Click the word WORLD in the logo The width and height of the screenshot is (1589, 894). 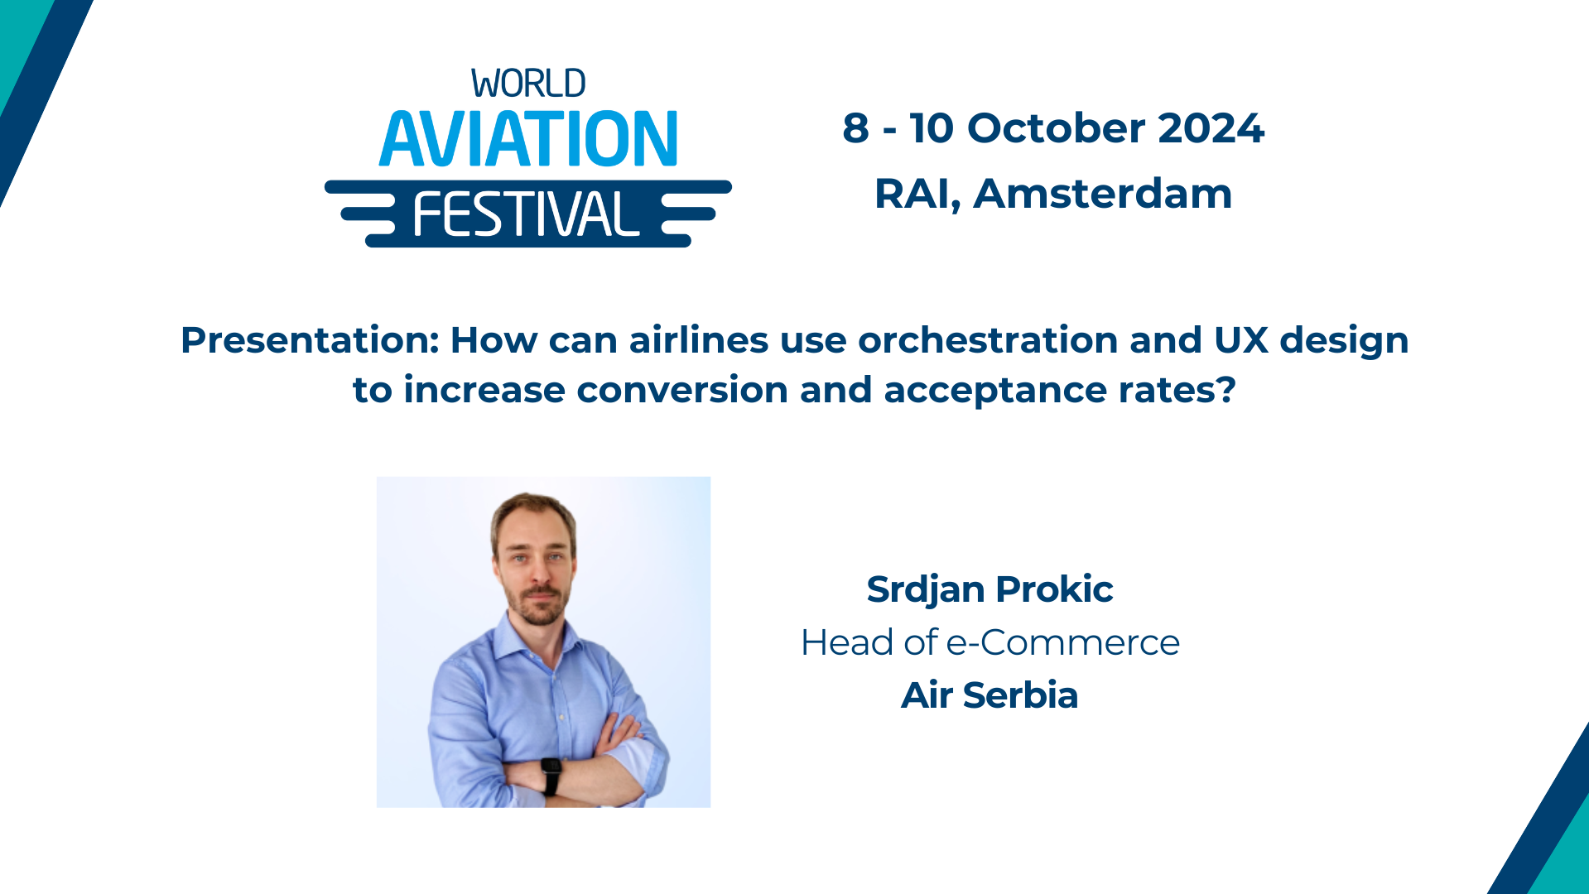tap(528, 84)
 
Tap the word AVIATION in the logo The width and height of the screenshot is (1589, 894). tap(528, 138)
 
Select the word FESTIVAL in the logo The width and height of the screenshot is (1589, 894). tap(527, 214)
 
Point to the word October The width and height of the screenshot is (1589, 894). tap(1056, 128)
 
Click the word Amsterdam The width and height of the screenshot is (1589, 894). tap(1102, 194)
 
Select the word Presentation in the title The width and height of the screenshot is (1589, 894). tap(309, 340)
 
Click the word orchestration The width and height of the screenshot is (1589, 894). tap(988, 340)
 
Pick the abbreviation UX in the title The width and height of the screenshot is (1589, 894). tap(1241, 340)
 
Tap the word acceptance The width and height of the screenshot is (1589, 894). tap(994, 390)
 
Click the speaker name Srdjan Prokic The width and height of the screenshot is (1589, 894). tap(990, 589)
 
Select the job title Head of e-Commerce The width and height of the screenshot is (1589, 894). tap(990, 642)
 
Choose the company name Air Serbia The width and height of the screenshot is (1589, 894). tap(990, 695)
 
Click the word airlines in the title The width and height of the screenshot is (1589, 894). tap(699, 340)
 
